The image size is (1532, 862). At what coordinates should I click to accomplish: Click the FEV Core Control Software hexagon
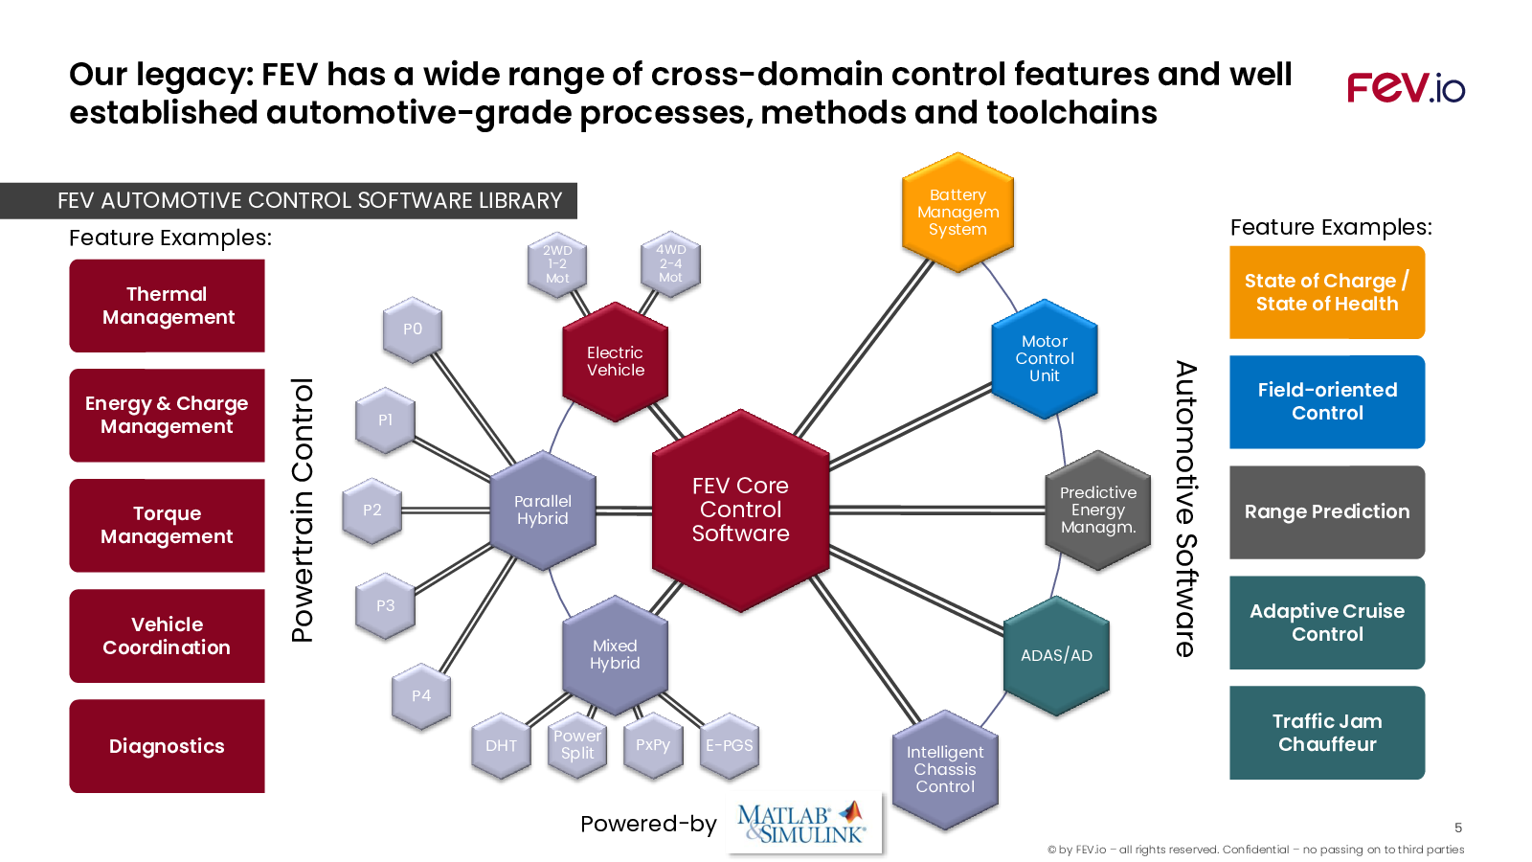(x=741, y=510)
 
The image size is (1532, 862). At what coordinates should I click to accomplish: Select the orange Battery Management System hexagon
(x=957, y=212)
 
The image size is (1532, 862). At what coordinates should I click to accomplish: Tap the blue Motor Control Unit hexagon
(x=1045, y=358)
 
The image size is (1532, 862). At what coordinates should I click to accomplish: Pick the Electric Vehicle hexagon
(x=615, y=361)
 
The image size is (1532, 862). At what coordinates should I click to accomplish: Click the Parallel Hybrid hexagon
(x=542, y=510)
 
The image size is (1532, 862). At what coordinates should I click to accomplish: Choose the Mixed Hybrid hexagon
(x=615, y=655)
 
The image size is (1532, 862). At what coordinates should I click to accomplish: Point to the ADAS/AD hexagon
(x=1056, y=655)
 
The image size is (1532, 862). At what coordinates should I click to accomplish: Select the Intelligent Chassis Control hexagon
(x=945, y=770)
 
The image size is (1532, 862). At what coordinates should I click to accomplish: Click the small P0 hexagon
(x=413, y=329)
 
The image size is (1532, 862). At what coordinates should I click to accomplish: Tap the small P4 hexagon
(x=421, y=695)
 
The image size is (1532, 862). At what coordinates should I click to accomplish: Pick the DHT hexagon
(x=502, y=746)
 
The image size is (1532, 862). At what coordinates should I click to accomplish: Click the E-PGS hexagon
(x=729, y=746)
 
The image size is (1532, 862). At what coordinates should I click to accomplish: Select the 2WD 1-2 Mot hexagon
(x=557, y=264)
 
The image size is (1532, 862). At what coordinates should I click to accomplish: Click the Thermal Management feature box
(x=167, y=306)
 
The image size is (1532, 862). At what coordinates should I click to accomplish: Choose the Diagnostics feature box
(x=167, y=746)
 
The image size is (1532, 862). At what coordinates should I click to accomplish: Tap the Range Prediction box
(x=1327, y=511)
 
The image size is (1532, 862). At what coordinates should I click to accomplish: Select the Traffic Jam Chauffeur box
(x=1327, y=733)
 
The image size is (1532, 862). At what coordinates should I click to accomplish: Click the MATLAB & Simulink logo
(x=803, y=823)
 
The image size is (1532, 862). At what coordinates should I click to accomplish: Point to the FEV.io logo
(x=1407, y=88)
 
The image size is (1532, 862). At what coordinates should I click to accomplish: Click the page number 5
(x=1458, y=828)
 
